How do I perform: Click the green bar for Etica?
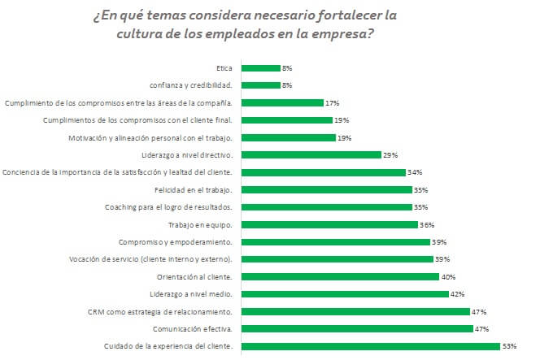tap(259, 68)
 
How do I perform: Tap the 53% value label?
tap(510, 347)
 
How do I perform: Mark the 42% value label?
tap(457, 294)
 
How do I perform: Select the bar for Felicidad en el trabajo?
tap(326, 189)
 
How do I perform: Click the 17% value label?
tap(332, 103)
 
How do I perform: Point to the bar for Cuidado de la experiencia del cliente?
tap(369, 347)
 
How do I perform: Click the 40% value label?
tap(447, 276)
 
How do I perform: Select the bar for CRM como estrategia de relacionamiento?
tap(355, 311)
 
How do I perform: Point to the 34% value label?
tap(414, 172)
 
